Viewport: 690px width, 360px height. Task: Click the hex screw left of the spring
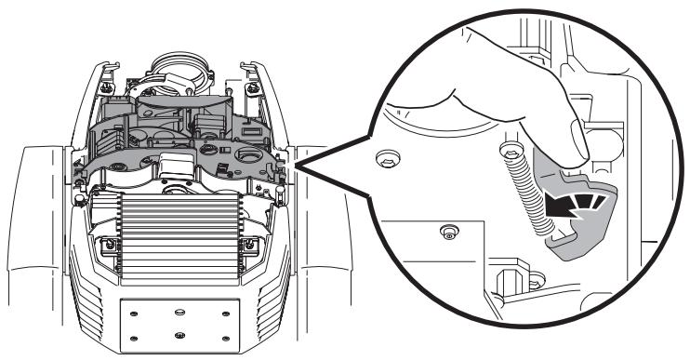[384, 161]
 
